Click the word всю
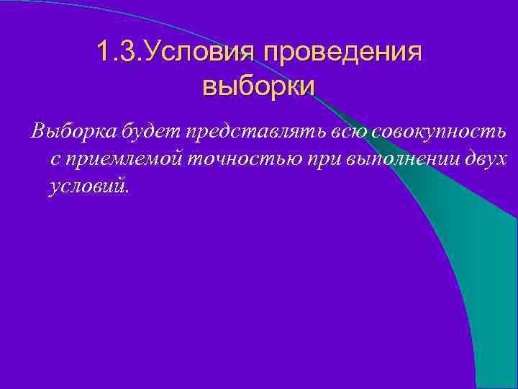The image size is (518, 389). click(349, 132)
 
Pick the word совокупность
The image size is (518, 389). click(437, 132)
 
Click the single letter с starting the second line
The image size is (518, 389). click(55, 159)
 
